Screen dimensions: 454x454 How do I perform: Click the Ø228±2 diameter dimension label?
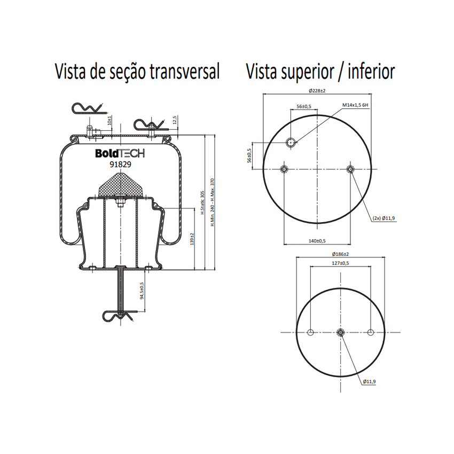tap(317, 91)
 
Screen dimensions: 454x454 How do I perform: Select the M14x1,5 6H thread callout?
tap(355, 105)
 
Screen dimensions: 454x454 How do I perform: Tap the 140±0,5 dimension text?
tap(317, 241)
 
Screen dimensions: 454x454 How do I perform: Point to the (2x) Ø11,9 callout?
tap(383, 218)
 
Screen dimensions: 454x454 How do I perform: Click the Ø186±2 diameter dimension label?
tap(341, 254)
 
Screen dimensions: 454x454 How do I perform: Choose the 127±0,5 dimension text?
tap(341, 263)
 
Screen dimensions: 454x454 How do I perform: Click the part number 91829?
tap(121, 165)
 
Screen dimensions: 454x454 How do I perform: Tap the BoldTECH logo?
tap(120, 153)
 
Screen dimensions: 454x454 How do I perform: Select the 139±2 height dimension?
tap(192, 239)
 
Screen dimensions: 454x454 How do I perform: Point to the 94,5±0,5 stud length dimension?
tap(142, 291)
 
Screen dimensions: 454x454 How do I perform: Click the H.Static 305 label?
tap(202, 202)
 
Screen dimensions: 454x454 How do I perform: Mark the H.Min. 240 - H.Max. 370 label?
tap(212, 202)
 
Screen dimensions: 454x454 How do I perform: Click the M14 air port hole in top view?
tap(291, 143)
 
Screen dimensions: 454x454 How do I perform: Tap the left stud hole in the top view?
tap(284, 169)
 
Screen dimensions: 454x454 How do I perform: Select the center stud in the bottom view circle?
tap(341, 332)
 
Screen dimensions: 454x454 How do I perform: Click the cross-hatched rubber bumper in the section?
tap(121, 185)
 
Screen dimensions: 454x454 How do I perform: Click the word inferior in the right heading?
tap(372, 71)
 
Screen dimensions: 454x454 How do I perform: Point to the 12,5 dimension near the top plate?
tap(175, 120)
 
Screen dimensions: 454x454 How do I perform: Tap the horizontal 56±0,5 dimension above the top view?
tap(304, 106)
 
